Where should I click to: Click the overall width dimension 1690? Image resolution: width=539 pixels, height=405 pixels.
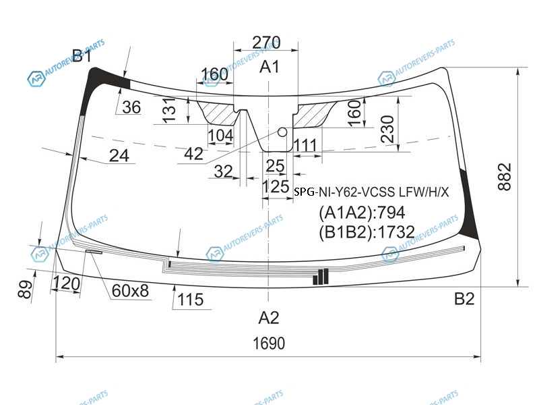pyautogui.click(x=269, y=344)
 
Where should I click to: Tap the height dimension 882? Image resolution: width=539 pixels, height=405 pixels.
pyautogui.click(x=505, y=177)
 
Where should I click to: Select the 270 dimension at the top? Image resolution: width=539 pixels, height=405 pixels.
pyautogui.click(x=266, y=43)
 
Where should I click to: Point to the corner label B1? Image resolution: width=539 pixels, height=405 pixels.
pyautogui.click(x=82, y=55)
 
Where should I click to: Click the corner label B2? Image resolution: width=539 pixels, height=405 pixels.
pyautogui.click(x=464, y=298)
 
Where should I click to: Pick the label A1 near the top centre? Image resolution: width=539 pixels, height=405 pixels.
pyautogui.click(x=269, y=66)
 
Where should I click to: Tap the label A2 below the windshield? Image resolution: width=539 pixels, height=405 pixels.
pyautogui.click(x=269, y=317)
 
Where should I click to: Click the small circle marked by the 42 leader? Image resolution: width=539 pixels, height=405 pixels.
pyautogui.click(x=282, y=132)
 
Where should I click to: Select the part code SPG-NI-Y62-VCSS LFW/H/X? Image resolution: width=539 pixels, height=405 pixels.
pyautogui.click(x=371, y=192)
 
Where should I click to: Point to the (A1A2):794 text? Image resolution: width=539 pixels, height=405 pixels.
pyautogui.click(x=362, y=213)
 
